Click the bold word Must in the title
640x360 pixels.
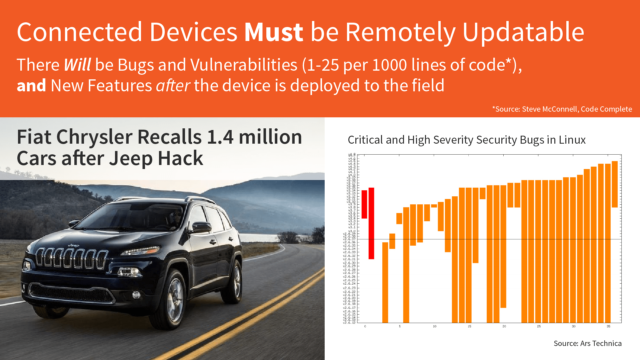click(x=273, y=32)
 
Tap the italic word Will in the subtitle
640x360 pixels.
click(x=77, y=65)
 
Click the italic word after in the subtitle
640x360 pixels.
click(x=173, y=86)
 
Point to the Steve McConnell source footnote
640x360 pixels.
click(x=562, y=109)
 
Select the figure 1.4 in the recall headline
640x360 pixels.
click(x=220, y=137)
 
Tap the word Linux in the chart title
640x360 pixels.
click(x=572, y=140)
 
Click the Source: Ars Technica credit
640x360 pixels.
click(x=587, y=343)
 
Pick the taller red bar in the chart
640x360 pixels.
click(x=371, y=223)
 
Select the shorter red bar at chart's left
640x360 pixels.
click(x=364, y=204)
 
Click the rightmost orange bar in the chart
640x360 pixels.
click(x=615, y=184)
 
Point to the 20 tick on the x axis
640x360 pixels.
click(x=504, y=326)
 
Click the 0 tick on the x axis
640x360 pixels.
click(x=365, y=326)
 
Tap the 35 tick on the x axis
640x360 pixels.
click(x=608, y=326)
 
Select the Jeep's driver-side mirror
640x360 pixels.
click(x=201, y=227)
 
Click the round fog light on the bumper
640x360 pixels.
click(x=136, y=295)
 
